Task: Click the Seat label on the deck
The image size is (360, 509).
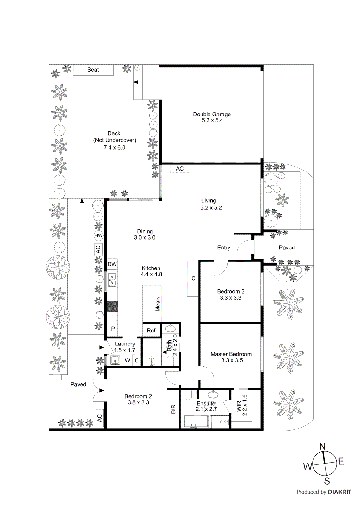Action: click(x=93, y=70)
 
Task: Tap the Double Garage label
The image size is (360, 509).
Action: click(x=212, y=114)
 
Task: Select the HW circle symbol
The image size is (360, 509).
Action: click(x=99, y=235)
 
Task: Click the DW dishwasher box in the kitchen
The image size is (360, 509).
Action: click(x=112, y=264)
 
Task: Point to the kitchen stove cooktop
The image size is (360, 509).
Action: click(x=112, y=306)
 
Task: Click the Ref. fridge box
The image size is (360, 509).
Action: click(x=152, y=331)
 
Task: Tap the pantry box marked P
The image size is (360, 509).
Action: click(x=113, y=329)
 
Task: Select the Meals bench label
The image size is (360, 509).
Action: click(x=158, y=304)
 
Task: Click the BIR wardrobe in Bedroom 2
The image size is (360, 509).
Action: click(x=173, y=409)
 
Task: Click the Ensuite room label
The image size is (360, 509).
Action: click(x=206, y=403)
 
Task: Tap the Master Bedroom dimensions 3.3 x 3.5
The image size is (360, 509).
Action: click(x=232, y=360)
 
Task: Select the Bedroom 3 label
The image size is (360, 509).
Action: click(x=231, y=291)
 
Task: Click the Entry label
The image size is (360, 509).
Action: click(x=223, y=248)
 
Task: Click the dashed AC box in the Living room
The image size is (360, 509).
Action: click(x=180, y=169)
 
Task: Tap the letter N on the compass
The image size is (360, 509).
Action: click(x=322, y=446)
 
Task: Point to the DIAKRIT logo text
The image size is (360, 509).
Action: click(x=340, y=492)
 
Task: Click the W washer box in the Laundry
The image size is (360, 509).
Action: click(x=127, y=360)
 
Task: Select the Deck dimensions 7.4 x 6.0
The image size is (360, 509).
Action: click(x=115, y=148)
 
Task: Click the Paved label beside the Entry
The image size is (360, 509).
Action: click(x=287, y=248)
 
